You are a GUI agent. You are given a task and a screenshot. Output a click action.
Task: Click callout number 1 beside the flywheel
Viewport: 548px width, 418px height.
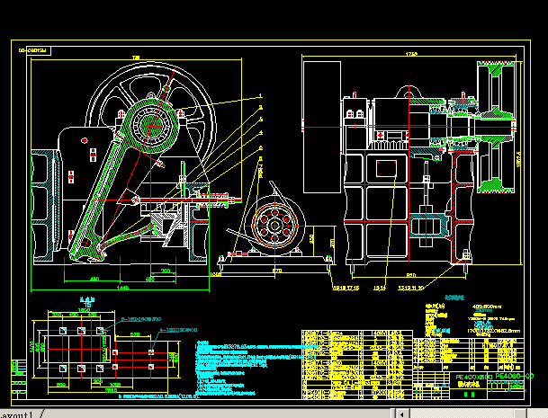(261, 94)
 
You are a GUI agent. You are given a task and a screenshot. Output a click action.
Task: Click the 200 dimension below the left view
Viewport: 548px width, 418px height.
(166, 270)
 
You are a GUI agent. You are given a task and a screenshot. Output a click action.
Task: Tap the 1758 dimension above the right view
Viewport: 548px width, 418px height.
(411, 56)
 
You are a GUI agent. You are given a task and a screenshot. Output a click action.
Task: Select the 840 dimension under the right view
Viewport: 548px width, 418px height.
(410, 273)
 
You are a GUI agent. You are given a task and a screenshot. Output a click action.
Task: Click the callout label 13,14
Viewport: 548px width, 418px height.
(379, 289)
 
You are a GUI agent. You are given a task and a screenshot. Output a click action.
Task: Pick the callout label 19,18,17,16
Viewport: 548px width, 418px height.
(346, 289)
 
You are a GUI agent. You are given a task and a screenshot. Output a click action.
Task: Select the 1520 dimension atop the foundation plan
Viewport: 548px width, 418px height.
(87, 306)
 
